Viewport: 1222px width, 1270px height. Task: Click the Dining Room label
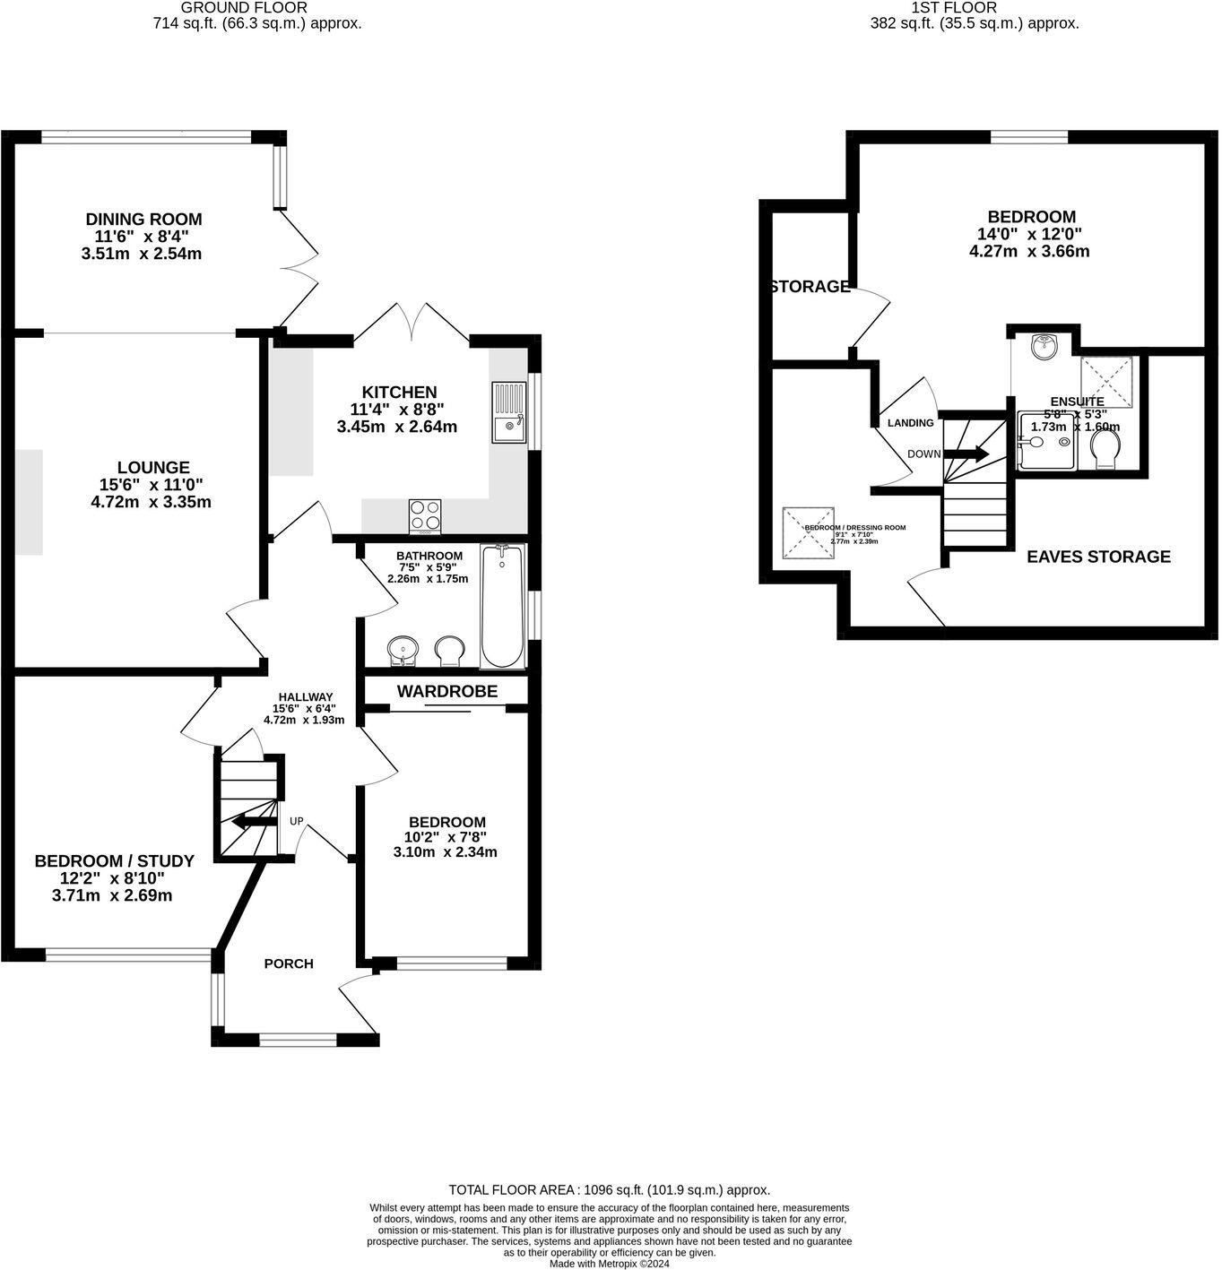pyautogui.click(x=143, y=219)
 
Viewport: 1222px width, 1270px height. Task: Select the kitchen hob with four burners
pyautogui.click(x=425, y=516)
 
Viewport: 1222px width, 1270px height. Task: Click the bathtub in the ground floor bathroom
pyautogui.click(x=502, y=606)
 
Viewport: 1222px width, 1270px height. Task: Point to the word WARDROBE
pyautogui.click(x=446, y=691)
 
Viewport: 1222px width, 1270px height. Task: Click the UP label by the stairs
pyautogui.click(x=296, y=821)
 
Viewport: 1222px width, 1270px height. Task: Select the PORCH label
pyautogui.click(x=289, y=963)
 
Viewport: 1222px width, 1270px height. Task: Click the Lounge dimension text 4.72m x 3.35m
pyautogui.click(x=152, y=502)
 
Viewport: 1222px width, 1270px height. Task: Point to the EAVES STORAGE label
pyautogui.click(x=1098, y=557)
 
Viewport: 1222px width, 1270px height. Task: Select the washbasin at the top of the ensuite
pyautogui.click(x=1044, y=347)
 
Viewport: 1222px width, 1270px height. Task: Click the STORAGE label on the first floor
pyautogui.click(x=810, y=287)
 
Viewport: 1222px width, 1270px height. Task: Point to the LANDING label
pyautogui.click(x=910, y=423)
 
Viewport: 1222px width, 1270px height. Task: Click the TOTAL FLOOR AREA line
pyautogui.click(x=609, y=1190)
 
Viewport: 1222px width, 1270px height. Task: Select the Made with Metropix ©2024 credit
pyautogui.click(x=609, y=1263)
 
